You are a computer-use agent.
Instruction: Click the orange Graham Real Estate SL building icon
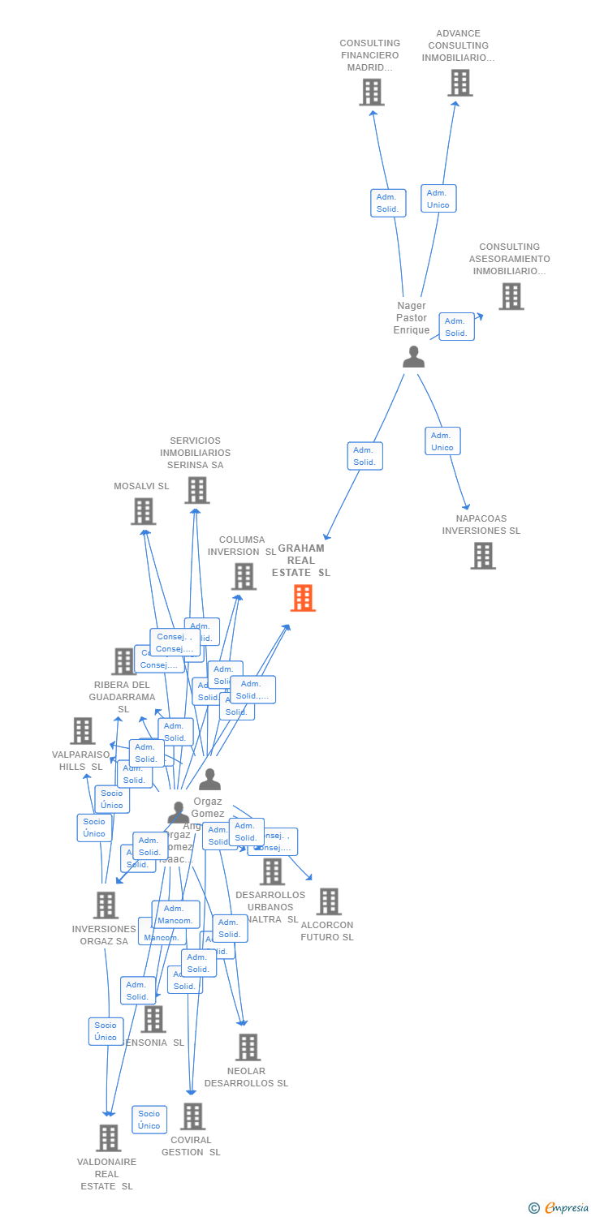click(x=303, y=598)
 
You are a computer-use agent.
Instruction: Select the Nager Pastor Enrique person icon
click(x=414, y=357)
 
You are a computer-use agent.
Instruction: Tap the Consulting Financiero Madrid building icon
click(x=372, y=92)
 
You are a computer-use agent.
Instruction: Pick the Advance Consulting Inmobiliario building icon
click(x=460, y=83)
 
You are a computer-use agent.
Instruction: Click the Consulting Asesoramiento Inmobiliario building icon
click(x=511, y=297)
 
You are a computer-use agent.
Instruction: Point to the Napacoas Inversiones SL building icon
click(x=483, y=556)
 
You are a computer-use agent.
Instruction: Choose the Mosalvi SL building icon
click(x=144, y=511)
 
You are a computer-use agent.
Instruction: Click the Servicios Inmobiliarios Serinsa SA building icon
click(x=197, y=490)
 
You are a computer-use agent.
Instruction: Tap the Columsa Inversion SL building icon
click(x=244, y=576)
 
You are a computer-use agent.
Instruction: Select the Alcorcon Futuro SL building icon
click(x=329, y=901)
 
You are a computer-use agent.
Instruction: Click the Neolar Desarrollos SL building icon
click(x=248, y=1047)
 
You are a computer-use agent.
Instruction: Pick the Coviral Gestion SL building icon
click(x=192, y=1116)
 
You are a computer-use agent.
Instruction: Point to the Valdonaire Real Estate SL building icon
click(x=109, y=1138)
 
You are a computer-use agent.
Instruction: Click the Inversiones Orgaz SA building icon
click(x=106, y=905)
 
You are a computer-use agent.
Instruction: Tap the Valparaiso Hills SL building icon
click(x=83, y=731)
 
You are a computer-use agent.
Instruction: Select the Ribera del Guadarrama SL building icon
click(x=123, y=661)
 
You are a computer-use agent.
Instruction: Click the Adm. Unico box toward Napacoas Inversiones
click(x=442, y=441)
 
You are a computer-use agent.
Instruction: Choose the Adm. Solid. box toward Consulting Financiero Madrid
click(x=388, y=203)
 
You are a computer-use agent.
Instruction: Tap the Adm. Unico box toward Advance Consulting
click(x=438, y=199)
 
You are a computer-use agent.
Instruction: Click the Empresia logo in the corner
click(x=559, y=1208)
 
